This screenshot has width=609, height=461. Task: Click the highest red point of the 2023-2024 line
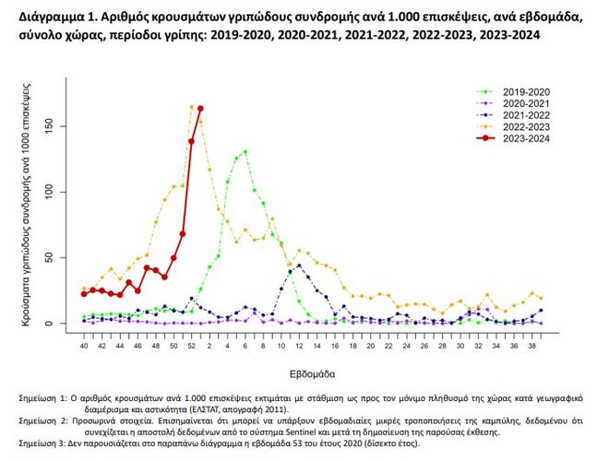pos(200,109)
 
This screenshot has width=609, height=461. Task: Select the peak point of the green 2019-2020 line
pos(245,152)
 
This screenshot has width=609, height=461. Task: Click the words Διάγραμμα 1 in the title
pos(48,16)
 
